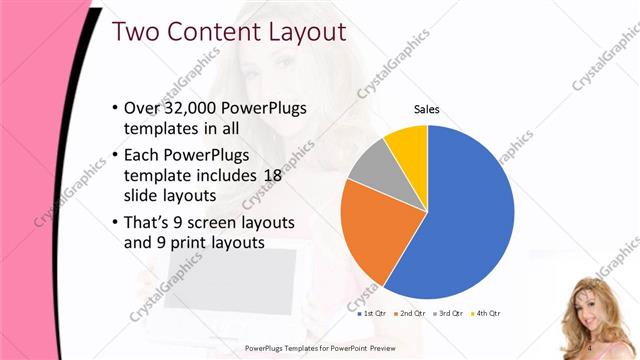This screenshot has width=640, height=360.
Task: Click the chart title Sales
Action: point(427,110)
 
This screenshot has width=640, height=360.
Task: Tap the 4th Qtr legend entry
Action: point(485,314)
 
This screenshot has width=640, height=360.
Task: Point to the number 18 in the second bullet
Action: point(273,174)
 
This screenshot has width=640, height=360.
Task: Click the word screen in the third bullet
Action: point(213,221)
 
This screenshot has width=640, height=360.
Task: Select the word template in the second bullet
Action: point(155,174)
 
